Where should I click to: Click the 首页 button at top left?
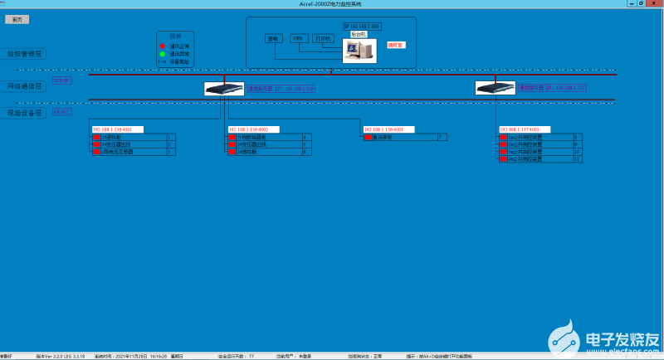pyautogui.click(x=17, y=19)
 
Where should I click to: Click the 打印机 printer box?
pyautogui.click(x=324, y=38)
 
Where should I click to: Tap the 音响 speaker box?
pyautogui.click(x=274, y=38)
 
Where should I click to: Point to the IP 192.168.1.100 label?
pyautogui.click(x=362, y=27)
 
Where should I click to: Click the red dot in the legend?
pyautogui.click(x=162, y=46)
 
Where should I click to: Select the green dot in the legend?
pyautogui.click(x=162, y=54)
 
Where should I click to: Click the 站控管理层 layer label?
pyautogui.click(x=24, y=53)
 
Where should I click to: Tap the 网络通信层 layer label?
pyautogui.click(x=24, y=85)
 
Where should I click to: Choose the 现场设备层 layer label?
pyautogui.click(x=24, y=112)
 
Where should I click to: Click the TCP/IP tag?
pyautogui.click(x=62, y=80)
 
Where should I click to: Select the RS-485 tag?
pyautogui.click(x=62, y=110)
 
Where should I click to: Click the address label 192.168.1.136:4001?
pyautogui.click(x=118, y=129)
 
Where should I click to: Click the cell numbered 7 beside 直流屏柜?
pyautogui.click(x=442, y=137)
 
